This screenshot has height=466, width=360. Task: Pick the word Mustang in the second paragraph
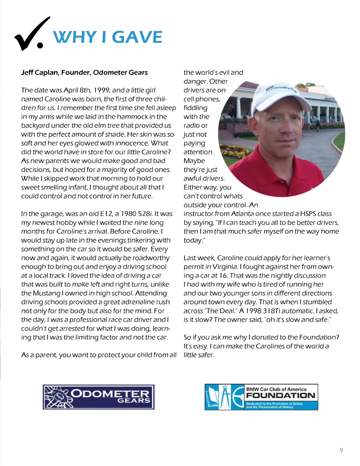(x=47, y=293)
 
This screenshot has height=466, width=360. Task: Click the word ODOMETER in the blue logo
(x=110, y=394)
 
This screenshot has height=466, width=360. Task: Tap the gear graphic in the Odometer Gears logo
(x=58, y=397)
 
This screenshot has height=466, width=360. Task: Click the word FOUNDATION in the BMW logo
(x=281, y=395)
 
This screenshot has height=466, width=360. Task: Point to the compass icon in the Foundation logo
(x=226, y=397)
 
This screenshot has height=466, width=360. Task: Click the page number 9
(x=341, y=451)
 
